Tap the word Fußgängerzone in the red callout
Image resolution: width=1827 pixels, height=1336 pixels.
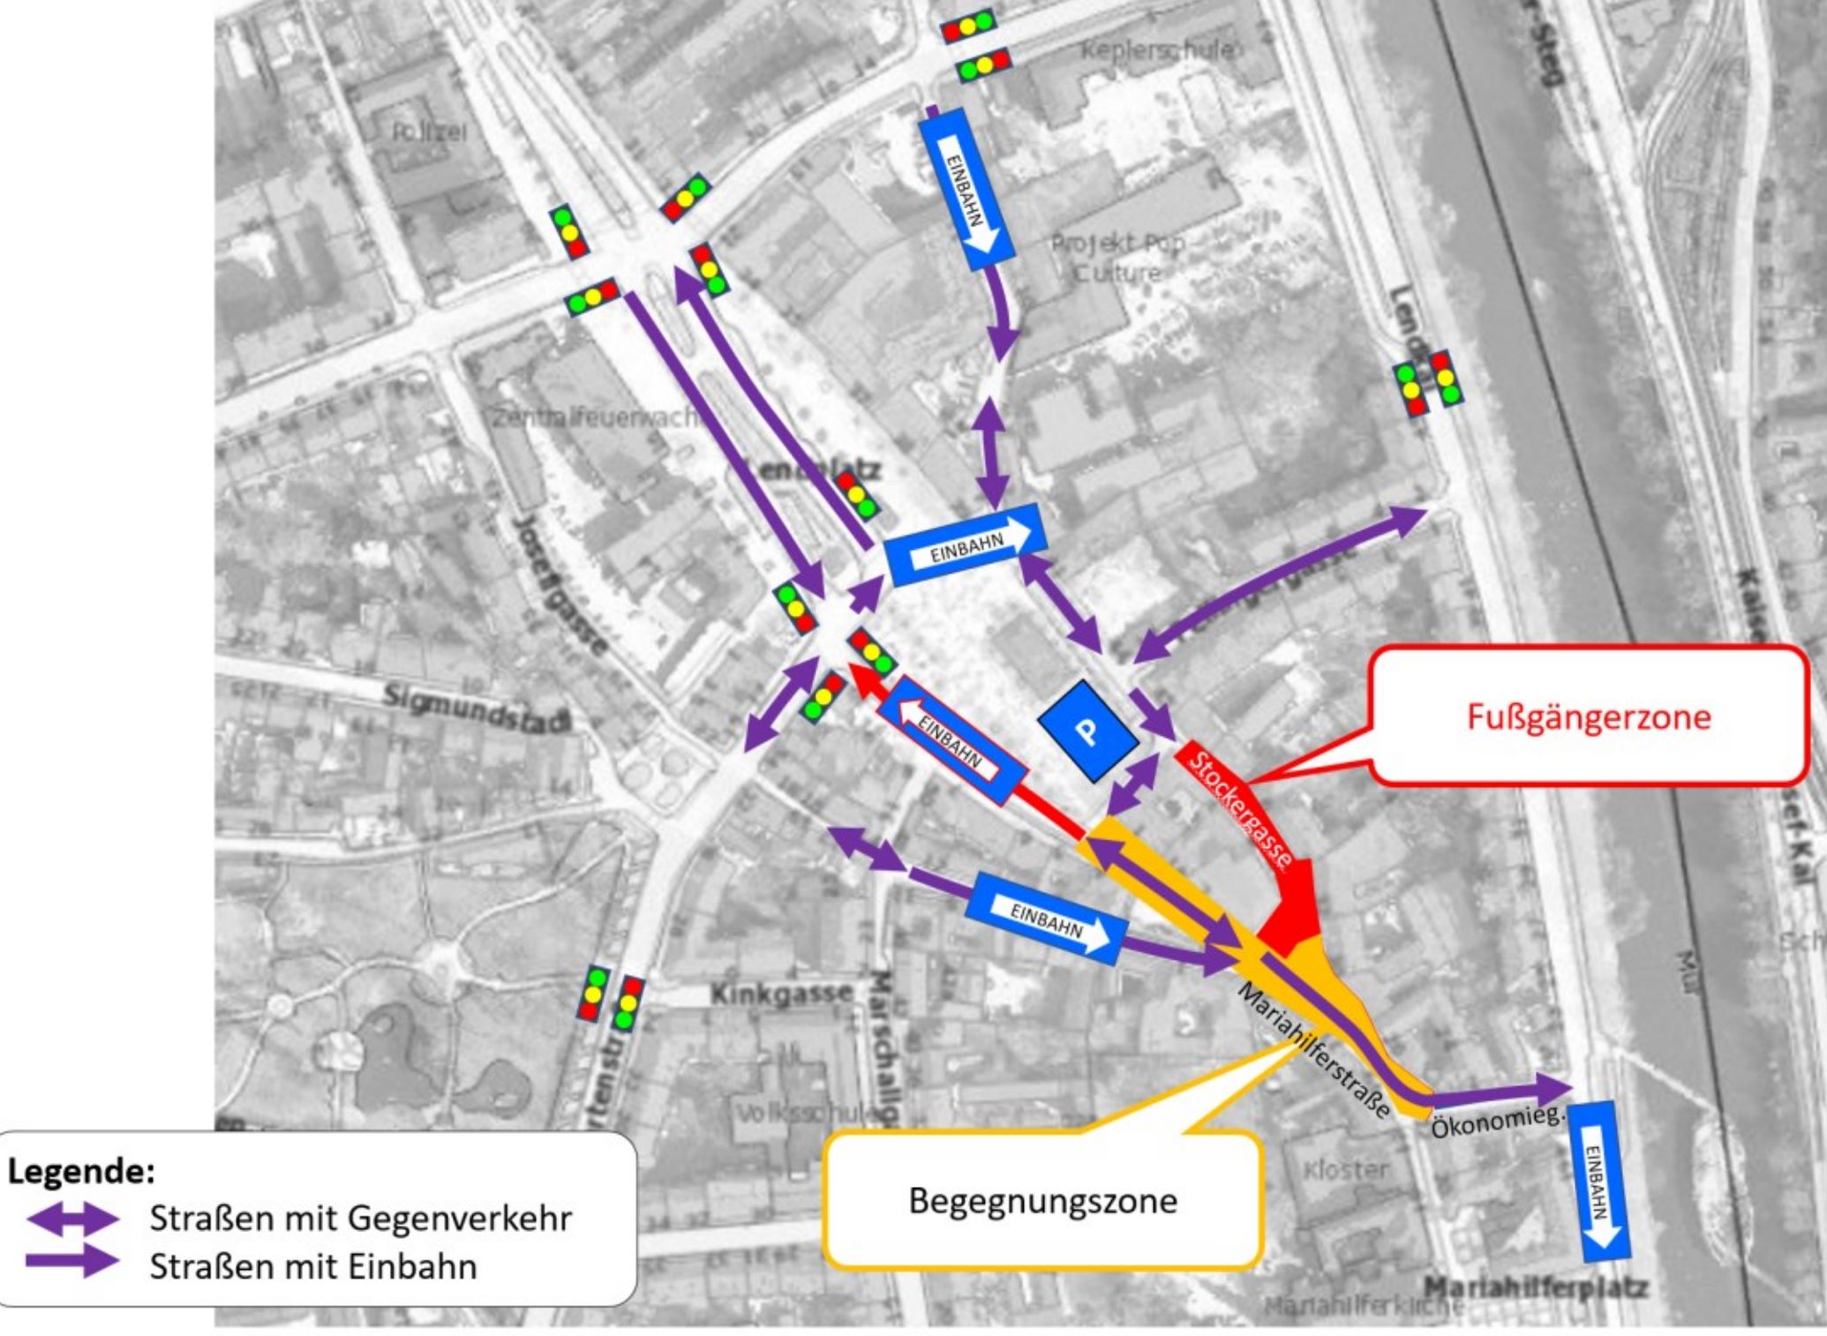[1588, 716]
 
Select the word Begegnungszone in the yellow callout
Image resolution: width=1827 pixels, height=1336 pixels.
[1042, 1200]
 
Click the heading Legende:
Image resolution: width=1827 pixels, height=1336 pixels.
[81, 1171]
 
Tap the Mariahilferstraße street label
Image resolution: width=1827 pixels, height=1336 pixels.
[1314, 1049]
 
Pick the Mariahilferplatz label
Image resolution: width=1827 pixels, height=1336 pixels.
[1535, 1287]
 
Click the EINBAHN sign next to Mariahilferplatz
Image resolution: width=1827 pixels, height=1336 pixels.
[1599, 1181]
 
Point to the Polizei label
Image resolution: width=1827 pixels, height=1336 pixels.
[429, 132]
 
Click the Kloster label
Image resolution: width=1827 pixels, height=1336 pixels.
[1345, 1170]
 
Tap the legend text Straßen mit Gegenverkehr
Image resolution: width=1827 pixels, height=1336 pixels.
[360, 1219]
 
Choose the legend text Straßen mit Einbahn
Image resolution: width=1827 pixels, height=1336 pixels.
[312, 1266]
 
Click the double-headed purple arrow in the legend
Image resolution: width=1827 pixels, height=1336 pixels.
[72, 1219]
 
